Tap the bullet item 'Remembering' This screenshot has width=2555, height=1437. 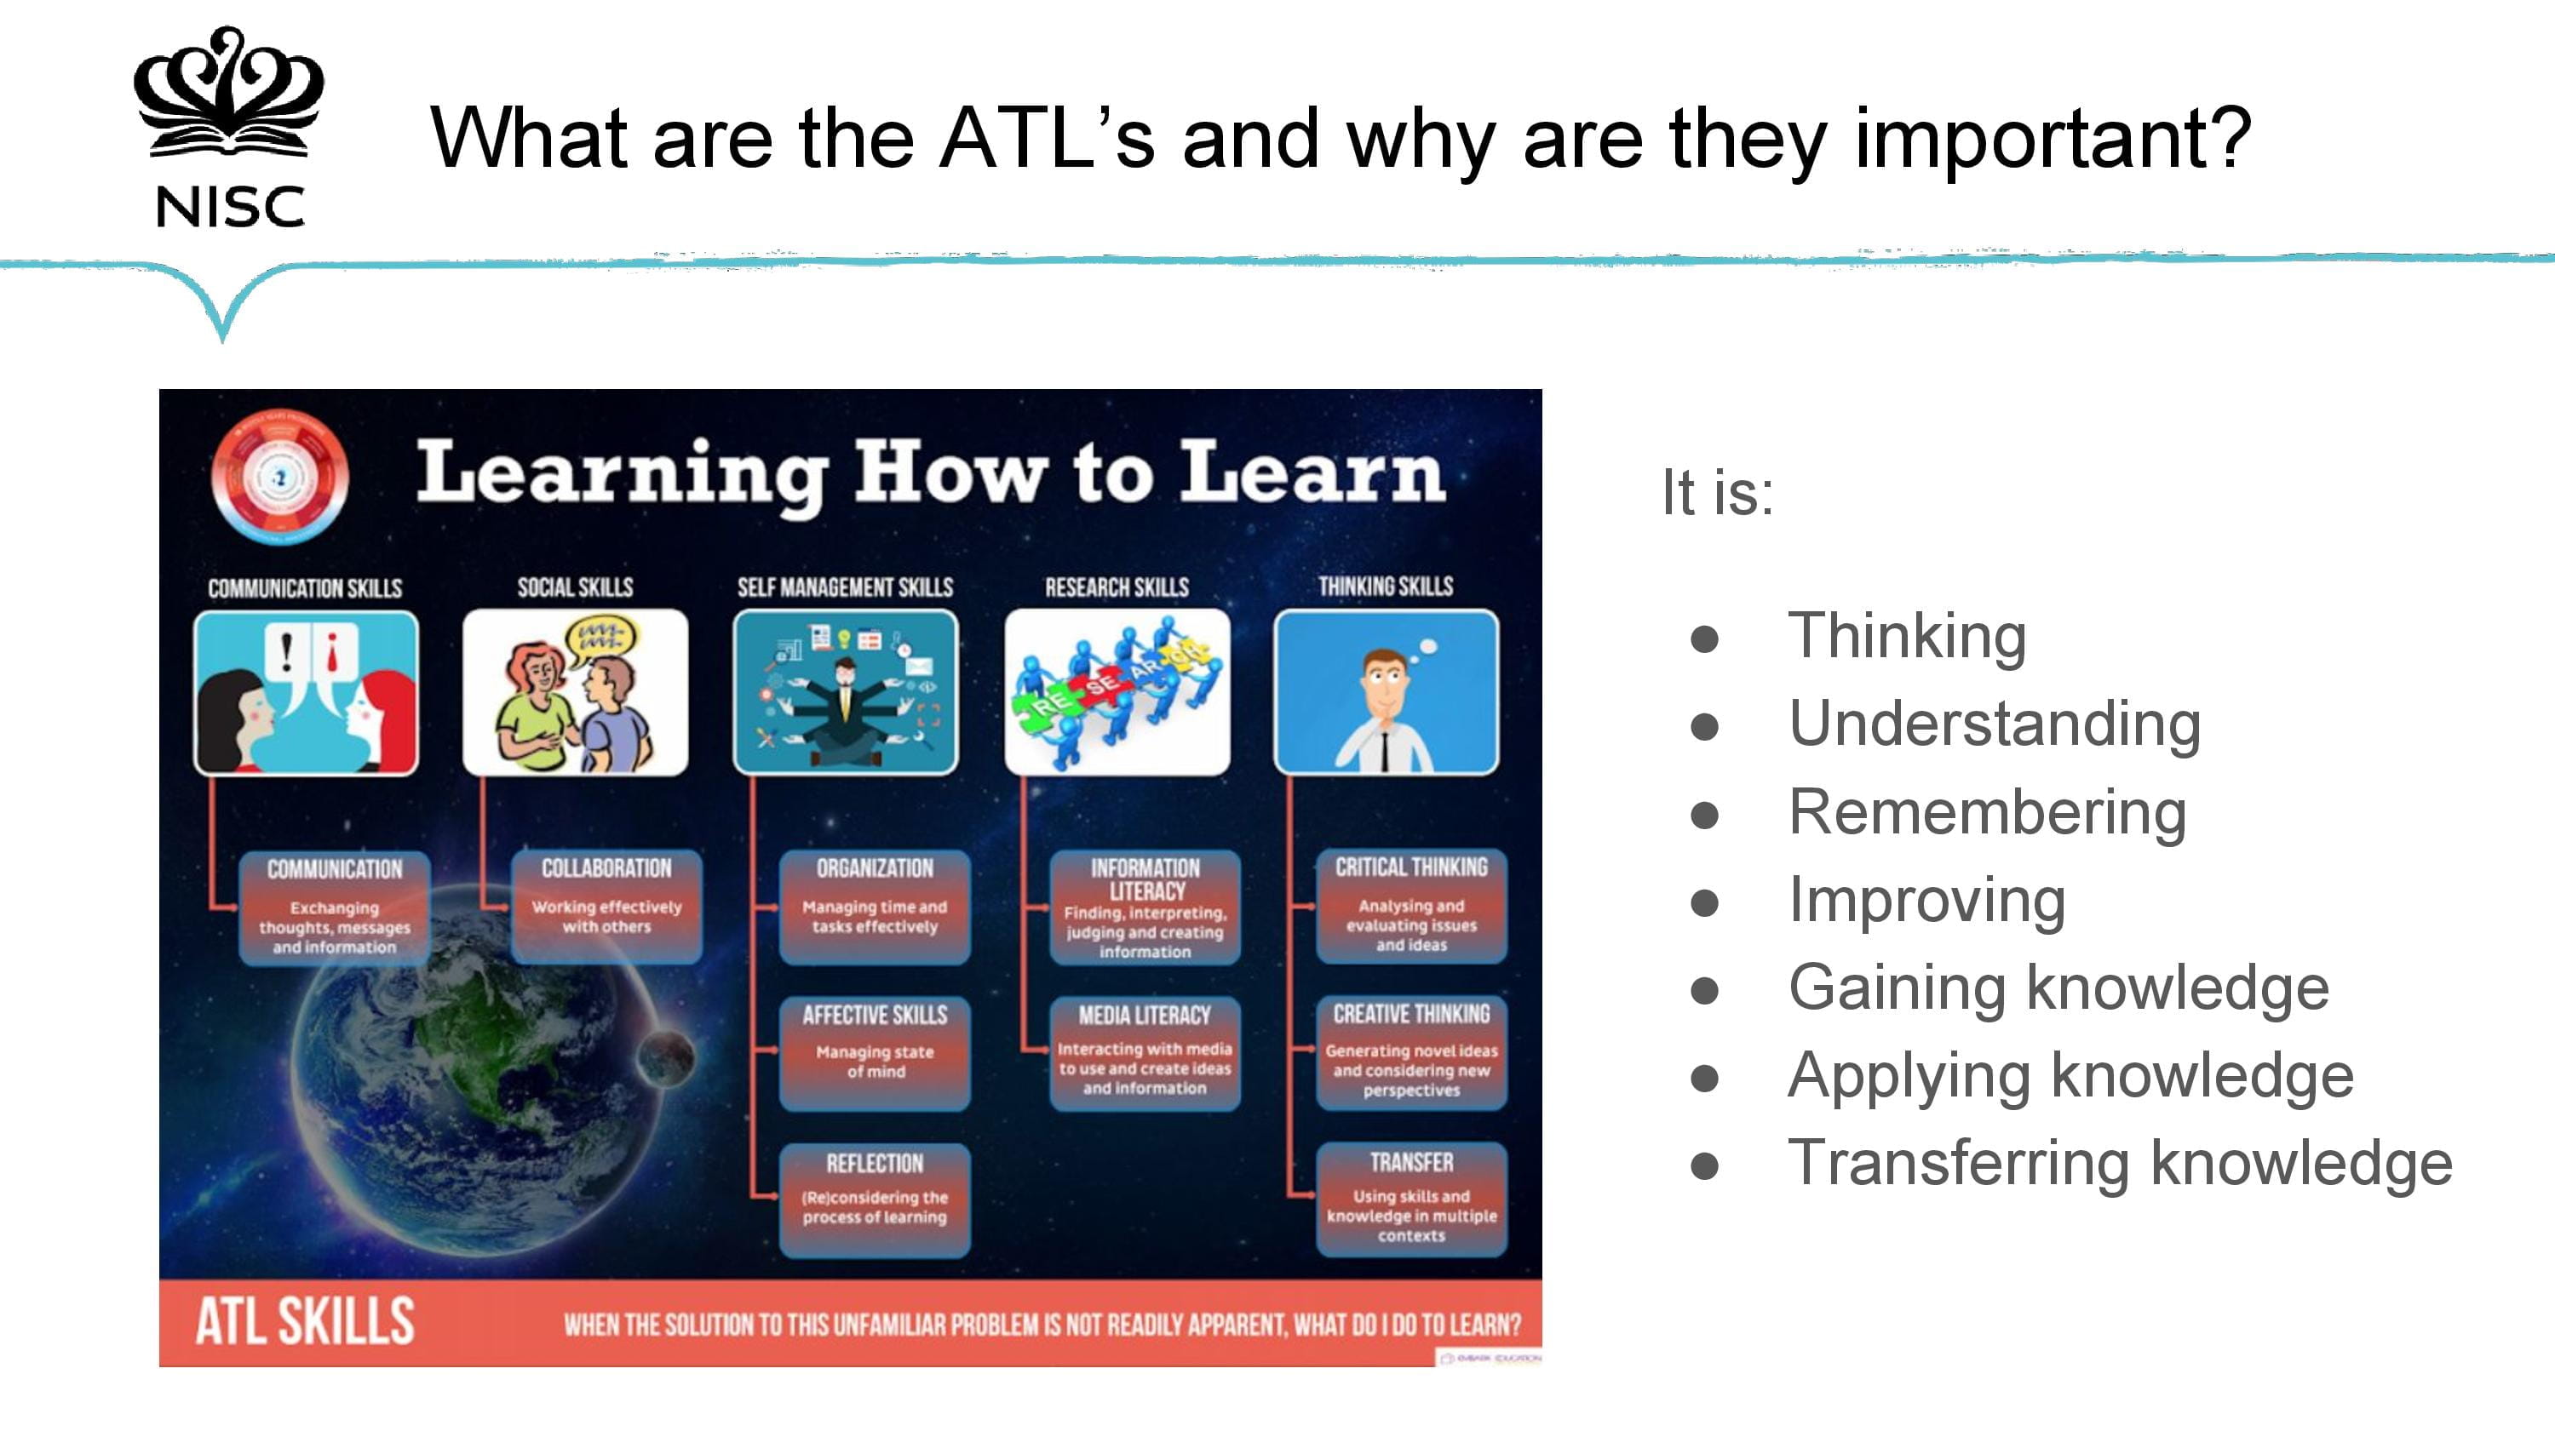click(x=1987, y=812)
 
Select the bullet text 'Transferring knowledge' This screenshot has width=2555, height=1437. click(x=2120, y=1162)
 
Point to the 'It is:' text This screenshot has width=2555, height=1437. click(x=1717, y=492)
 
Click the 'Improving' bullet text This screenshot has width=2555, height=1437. click(x=1926, y=901)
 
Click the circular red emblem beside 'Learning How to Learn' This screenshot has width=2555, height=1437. click(x=279, y=477)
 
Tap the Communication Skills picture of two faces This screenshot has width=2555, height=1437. click(x=306, y=692)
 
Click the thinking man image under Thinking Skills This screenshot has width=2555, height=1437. click(x=1386, y=692)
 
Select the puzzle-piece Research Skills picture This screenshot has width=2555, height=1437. click(x=1117, y=692)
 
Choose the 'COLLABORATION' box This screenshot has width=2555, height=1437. click(x=606, y=906)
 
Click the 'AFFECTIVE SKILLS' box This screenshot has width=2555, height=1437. click(x=875, y=1051)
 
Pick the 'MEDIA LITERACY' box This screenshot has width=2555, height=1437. click(x=1145, y=1051)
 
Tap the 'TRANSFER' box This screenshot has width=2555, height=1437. click(x=1410, y=1198)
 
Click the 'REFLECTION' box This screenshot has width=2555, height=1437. click(x=875, y=1198)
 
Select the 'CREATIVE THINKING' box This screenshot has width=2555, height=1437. click(x=1410, y=1051)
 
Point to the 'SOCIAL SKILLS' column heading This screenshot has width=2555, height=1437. click(x=575, y=587)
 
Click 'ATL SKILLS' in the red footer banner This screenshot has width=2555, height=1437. click(x=305, y=1322)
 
